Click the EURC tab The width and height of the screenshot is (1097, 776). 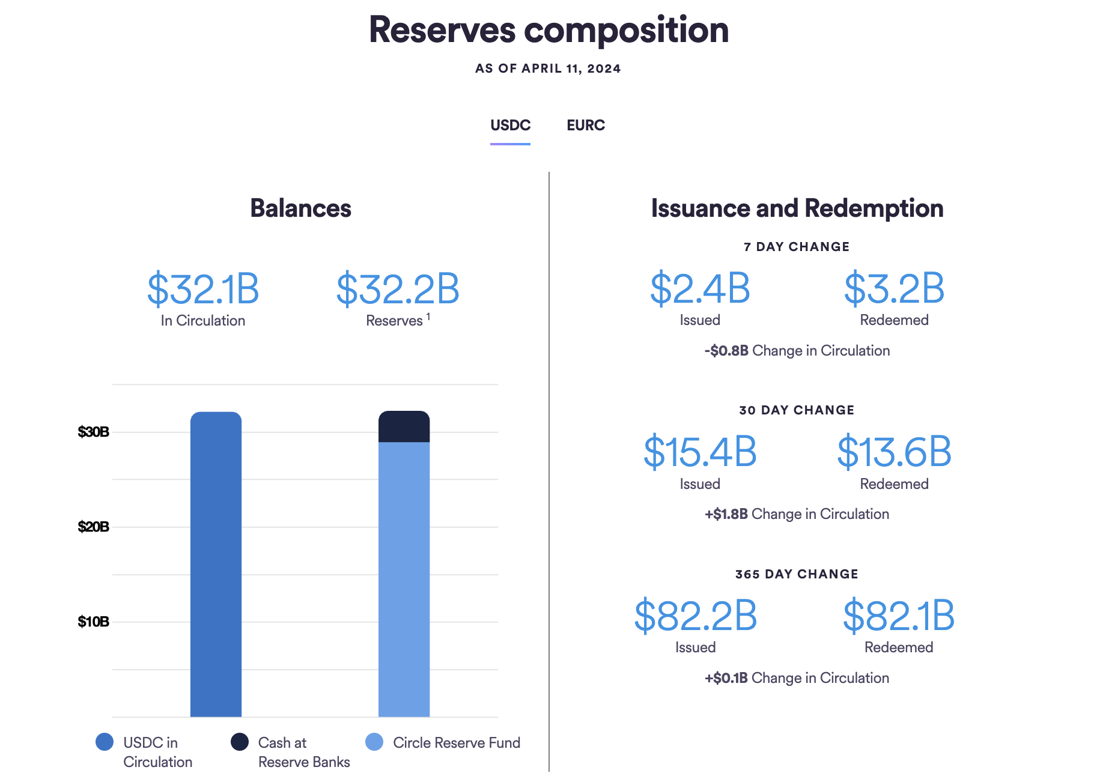pyautogui.click(x=585, y=126)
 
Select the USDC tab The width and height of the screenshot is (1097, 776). pyautogui.click(x=510, y=126)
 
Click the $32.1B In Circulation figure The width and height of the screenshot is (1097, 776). pyautogui.click(x=203, y=289)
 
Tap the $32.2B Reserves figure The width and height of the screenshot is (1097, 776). pyautogui.click(x=398, y=289)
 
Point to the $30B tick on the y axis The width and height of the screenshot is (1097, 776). pyautogui.click(x=93, y=432)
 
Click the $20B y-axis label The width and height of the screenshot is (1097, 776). pyautogui.click(x=93, y=527)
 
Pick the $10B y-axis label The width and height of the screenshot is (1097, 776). pyautogui.click(x=93, y=622)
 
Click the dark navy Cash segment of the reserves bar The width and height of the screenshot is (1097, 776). pyautogui.click(x=404, y=427)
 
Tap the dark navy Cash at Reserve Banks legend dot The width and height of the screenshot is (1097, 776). pyautogui.click(x=240, y=742)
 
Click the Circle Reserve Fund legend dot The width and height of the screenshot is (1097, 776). pyautogui.click(x=374, y=742)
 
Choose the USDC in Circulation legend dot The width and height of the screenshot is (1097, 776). pyautogui.click(x=105, y=742)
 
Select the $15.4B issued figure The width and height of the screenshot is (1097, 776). pyautogui.click(x=700, y=452)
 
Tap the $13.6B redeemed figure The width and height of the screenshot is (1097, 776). pyautogui.click(x=894, y=452)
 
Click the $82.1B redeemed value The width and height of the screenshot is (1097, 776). pyautogui.click(x=898, y=616)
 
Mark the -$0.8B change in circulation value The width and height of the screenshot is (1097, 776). pyautogui.click(x=726, y=351)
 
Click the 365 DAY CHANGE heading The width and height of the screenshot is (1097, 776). pyautogui.click(x=797, y=574)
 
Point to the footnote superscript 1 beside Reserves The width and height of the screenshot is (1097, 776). pyautogui.click(x=428, y=317)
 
